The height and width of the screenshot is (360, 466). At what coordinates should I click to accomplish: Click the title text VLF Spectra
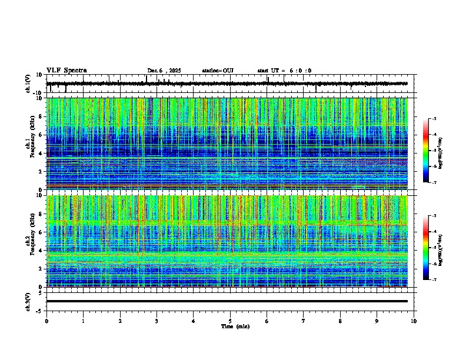66,71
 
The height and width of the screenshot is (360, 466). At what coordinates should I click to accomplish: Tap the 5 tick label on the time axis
230,321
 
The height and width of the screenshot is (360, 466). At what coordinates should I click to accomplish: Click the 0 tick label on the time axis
46,321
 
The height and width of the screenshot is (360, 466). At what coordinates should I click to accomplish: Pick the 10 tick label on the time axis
414,321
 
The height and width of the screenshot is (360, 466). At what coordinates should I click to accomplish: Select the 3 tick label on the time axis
157,321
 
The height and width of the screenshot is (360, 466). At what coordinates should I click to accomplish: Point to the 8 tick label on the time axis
340,321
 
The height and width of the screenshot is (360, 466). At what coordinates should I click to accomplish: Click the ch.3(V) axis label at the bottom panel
28,301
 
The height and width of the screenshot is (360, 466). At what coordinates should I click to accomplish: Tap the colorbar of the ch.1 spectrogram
425,151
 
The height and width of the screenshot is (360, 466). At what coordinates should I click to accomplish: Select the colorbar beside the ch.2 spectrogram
425,248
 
